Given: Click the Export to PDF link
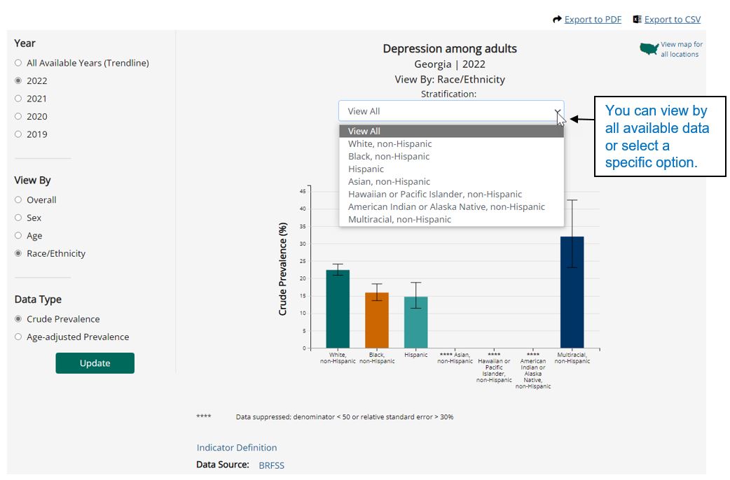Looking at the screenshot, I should (x=593, y=20).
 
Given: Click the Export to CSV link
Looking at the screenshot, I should (x=672, y=20).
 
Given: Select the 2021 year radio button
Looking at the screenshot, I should (x=18, y=99).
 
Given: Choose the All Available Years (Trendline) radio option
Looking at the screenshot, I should (x=18, y=63).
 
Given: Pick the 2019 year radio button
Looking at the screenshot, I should (x=18, y=134).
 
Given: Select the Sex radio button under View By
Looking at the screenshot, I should (x=18, y=218).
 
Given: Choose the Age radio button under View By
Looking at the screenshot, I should (x=18, y=236).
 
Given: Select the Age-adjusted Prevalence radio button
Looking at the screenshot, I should (x=18, y=337).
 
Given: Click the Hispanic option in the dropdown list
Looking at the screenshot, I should (x=366, y=169).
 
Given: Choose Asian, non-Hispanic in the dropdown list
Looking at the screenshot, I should (x=389, y=182).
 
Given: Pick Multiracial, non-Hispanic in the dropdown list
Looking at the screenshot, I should (x=399, y=220).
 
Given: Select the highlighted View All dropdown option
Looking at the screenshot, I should (x=364, y=132).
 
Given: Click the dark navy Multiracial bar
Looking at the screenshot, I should (x=572, y=294).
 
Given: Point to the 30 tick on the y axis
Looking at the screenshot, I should (x=302, y=243).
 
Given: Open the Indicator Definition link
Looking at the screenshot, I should (x=237, y=448).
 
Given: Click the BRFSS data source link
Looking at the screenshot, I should (x=271, y=465).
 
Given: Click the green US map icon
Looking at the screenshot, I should (x=649, y=50).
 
